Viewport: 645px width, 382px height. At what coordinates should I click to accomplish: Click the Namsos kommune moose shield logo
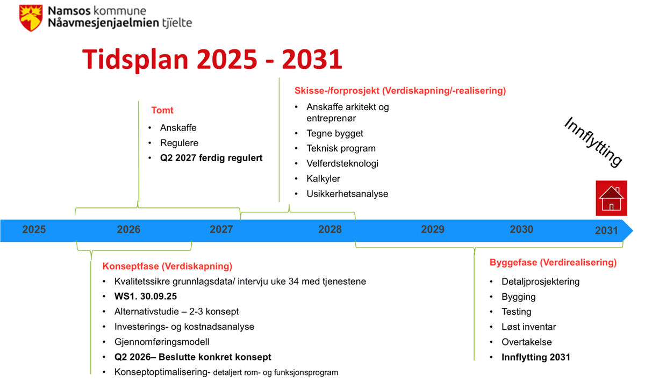pos(31,18)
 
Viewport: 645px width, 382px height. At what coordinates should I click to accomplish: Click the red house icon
pos(611,198)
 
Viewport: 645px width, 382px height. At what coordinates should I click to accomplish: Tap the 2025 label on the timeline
pos(34,229)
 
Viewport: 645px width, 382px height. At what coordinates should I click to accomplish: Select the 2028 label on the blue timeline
pos(329,229)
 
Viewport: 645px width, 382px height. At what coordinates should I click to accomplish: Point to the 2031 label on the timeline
pos(606,230)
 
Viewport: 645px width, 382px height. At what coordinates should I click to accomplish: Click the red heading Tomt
pos(162,110)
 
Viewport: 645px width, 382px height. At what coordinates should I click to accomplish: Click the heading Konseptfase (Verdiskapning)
pos(167,266)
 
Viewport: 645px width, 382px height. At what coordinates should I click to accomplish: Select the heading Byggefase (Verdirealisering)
pos(553,263)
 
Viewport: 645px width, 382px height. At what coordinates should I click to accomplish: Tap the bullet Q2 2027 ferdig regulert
pos(211,158)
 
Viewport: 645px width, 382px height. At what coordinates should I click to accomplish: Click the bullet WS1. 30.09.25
pos(146,297)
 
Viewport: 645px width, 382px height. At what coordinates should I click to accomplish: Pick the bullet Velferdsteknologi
pos(342,163)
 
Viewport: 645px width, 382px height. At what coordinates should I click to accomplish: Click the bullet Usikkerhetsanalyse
pos(347,194)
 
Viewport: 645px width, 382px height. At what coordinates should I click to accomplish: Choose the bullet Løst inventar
pos(529,327)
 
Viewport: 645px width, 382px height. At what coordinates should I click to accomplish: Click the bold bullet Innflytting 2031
pos(536,357)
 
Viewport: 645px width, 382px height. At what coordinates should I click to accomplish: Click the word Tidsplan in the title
pos(135,60)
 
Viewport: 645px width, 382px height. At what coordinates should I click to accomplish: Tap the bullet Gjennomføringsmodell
pos(162,342)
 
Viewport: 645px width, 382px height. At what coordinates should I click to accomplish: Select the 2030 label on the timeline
pos(521,229)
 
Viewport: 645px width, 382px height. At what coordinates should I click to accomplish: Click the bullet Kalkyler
pos(323,179)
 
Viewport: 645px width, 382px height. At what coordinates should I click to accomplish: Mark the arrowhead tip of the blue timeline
pos(633,230)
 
